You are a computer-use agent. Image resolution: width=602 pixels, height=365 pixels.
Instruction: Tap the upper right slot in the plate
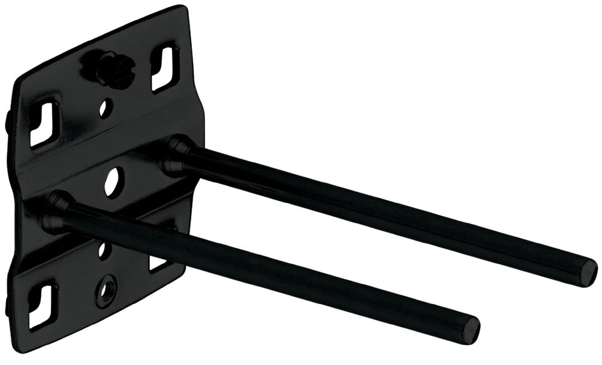[x=164, y=68]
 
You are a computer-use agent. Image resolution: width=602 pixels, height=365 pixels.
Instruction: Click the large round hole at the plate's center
[x=113, y=180]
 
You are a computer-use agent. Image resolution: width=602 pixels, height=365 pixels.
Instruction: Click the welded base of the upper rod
[x=176, y=155]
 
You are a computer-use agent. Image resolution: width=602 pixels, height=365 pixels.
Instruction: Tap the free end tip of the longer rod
[x=587, y=272]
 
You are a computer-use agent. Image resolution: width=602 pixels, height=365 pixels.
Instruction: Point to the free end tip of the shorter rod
[x=471, y=330]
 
